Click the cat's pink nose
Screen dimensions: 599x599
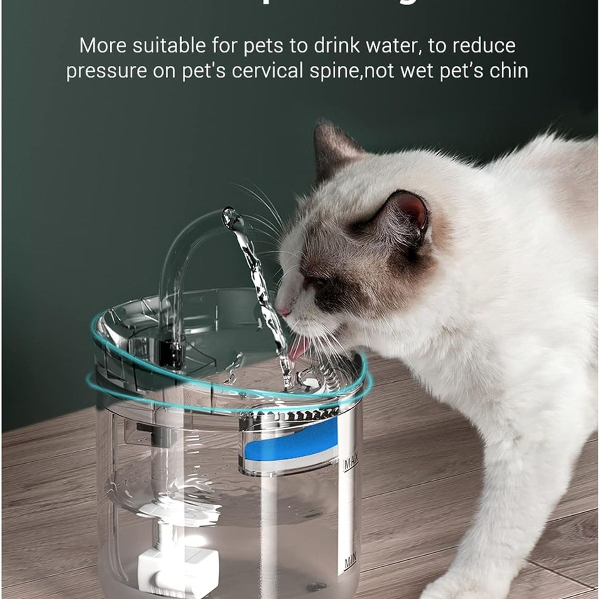[284, 312]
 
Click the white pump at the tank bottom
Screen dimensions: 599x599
[165, 559]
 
